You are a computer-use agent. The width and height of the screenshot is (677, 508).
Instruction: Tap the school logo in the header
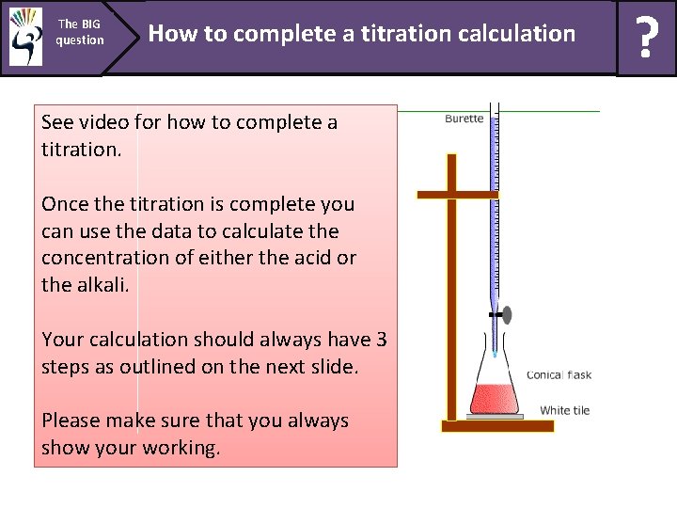25,38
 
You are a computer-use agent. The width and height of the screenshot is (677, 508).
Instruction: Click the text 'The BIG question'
79,32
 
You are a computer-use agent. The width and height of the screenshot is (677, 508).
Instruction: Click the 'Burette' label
464,119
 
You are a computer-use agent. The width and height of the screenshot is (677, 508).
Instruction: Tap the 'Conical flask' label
559,375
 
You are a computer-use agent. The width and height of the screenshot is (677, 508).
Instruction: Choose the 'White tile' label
564,410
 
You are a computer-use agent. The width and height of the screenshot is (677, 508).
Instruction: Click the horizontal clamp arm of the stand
457,195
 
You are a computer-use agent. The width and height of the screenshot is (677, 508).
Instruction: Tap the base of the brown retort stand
497,426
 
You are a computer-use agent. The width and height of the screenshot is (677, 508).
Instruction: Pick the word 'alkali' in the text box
106,285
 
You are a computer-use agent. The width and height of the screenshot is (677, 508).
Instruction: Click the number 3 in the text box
381,340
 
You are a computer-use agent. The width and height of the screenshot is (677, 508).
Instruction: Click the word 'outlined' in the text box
156,367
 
